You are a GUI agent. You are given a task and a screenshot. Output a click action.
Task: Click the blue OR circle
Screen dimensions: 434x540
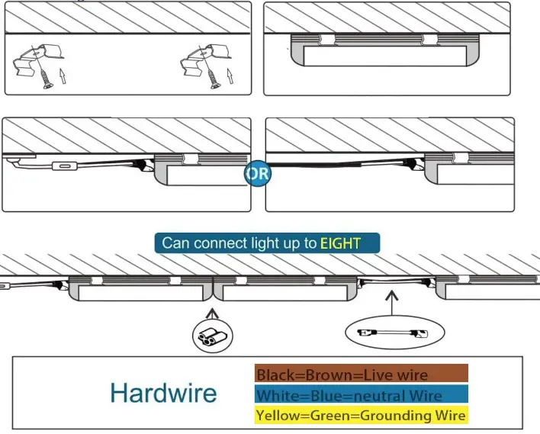click(x=258, y=173)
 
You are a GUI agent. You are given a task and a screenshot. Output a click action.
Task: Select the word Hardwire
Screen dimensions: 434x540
click(x=163, y=393)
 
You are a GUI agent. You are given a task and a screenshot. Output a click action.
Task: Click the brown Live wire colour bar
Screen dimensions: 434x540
click(x=361, y=374)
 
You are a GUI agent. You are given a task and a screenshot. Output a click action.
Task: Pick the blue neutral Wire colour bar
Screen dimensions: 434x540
click(x=361, y=395)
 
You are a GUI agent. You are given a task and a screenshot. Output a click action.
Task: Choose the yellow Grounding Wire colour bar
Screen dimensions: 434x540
click(x=361, y=416)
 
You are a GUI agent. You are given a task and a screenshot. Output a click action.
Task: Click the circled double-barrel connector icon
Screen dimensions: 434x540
click(x=211, y=335)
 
